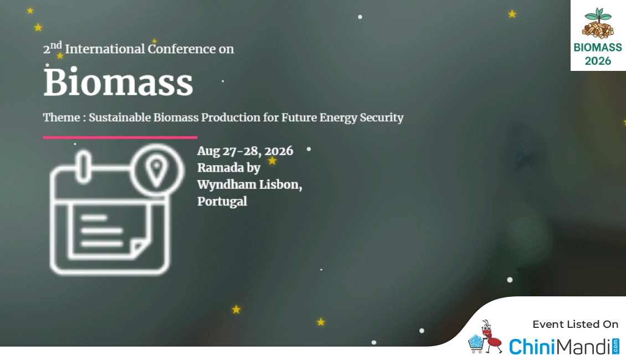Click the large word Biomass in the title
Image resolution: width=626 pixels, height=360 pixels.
point(118,82)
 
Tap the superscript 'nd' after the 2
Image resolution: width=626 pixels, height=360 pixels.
point(57,45)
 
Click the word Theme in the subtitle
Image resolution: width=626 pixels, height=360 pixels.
point(61,117)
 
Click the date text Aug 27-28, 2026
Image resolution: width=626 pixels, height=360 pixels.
point(245,151)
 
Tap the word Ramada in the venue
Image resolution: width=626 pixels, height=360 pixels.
point(220,168)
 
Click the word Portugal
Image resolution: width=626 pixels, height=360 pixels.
point(222,202)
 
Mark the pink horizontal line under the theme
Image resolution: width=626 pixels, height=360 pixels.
point(120,137)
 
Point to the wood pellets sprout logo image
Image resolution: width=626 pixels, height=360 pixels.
point(598,23)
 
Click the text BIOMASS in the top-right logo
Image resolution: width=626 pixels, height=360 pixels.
point(598,48)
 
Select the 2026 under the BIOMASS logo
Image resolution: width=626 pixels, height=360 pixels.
point(598,61)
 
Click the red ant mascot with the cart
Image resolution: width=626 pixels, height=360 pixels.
point(485,337)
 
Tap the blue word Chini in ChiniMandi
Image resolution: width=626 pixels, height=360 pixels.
point(532,346)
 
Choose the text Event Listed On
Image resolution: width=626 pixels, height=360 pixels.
point(575,325)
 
